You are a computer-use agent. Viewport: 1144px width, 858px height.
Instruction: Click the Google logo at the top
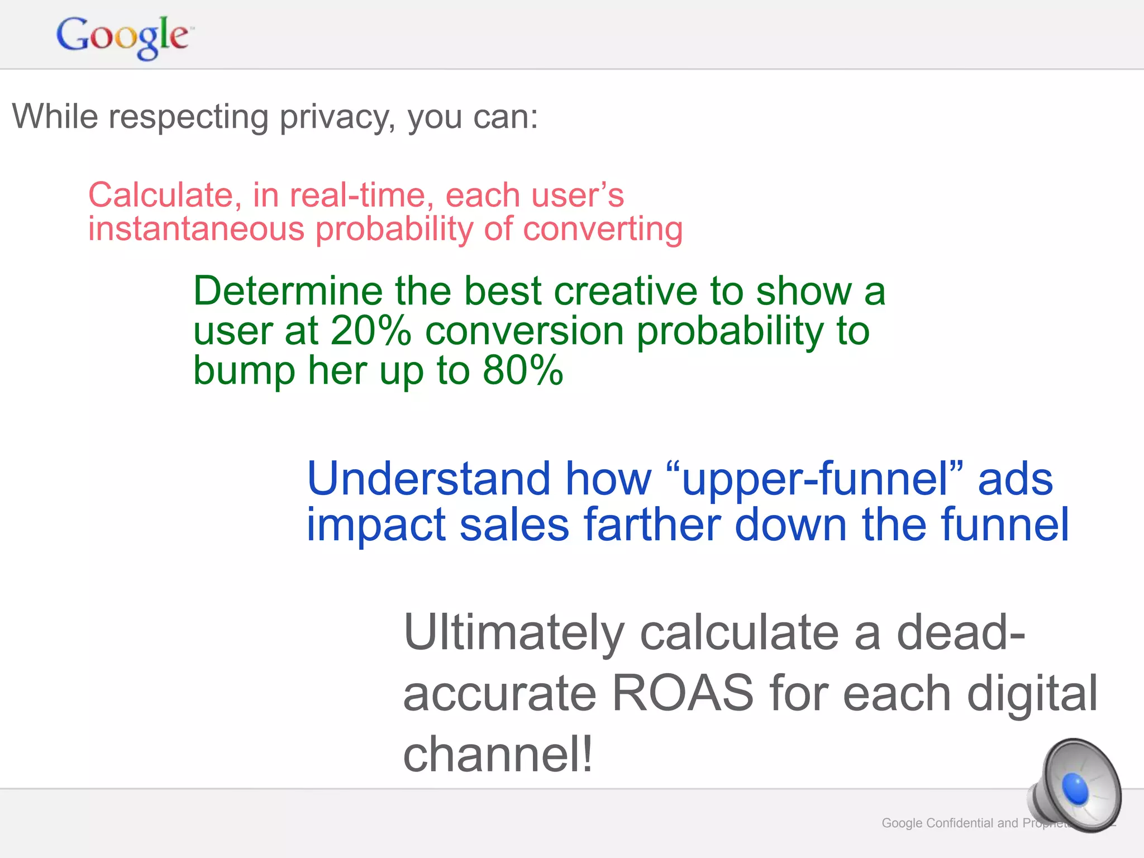tap(123, 36)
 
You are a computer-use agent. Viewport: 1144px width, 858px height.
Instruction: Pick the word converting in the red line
tap(603, 230)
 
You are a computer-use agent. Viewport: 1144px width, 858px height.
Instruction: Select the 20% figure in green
tap(370, 331)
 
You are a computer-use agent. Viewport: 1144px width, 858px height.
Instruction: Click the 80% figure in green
tap(523, 370)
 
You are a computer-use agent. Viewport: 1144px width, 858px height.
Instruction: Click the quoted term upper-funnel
tap(815, 479)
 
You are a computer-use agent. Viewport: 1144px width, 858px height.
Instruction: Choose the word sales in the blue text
tap(514, 525)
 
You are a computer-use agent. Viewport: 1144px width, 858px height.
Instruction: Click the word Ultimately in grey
tap(513, 633)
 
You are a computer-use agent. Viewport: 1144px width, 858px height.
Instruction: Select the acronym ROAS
tap(683, 693)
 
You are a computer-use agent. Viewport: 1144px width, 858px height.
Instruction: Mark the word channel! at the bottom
tap(498, 754)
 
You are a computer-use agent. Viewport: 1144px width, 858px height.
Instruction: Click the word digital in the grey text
tap(1032, 693)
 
